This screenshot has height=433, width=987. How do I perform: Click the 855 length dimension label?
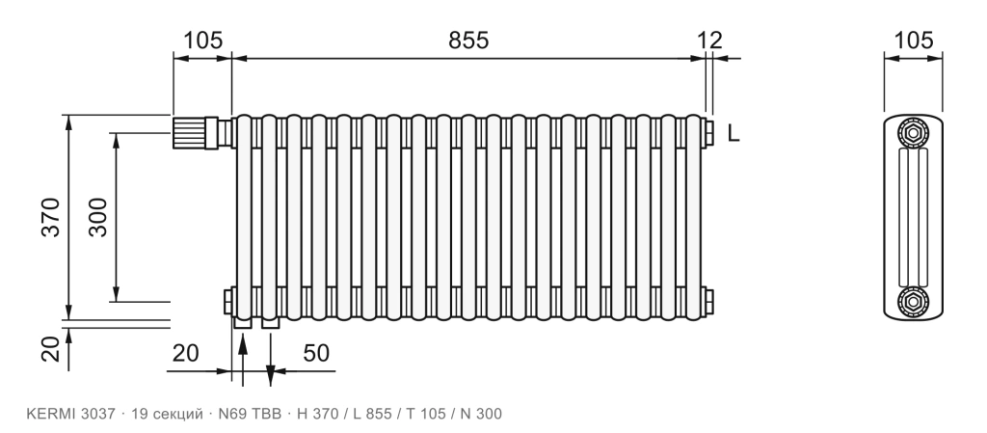(468, 41)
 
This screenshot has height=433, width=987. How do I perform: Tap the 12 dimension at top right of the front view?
(710, 41)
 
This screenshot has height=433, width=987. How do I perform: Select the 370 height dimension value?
(52, 217)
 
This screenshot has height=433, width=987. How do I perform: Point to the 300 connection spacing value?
(98, 217)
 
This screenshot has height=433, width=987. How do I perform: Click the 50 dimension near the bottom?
(316, 354)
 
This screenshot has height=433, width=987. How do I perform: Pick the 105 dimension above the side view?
(914, 41)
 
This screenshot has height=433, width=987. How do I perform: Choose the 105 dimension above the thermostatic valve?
(202, 41)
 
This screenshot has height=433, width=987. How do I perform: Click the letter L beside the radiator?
(734, 133)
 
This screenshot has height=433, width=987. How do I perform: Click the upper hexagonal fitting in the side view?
(913, 133)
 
